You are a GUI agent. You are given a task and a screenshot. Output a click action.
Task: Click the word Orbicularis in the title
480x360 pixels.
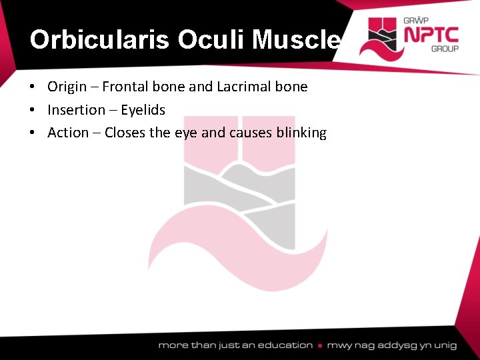[x=101, y=40]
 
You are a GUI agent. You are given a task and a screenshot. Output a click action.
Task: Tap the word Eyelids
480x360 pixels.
[x=143, y=110]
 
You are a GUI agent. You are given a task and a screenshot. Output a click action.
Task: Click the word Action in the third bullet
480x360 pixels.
[x=68, y=133]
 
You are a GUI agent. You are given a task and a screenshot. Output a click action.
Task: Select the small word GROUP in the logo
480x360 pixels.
[x=445, y=49]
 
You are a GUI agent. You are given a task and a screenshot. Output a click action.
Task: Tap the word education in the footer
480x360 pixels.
[x=285, y=345]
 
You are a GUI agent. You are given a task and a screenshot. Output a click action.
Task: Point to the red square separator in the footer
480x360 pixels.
[x=321, y=345]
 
